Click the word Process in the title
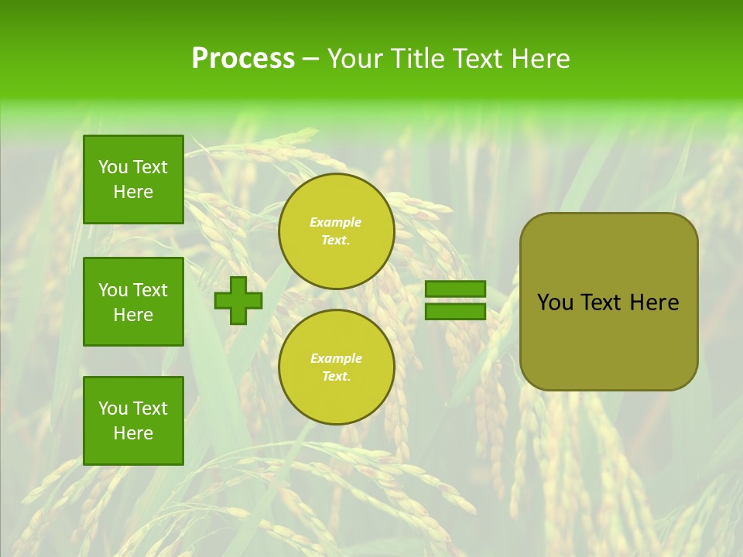243,59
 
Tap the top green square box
133,179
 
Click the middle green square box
133,302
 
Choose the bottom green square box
133,421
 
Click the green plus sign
238,301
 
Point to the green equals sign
455,300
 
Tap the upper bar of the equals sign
455,289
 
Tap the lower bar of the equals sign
455,311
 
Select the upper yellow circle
337,231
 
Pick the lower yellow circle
337,367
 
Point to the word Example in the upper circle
336,223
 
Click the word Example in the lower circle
336,359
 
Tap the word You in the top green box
112,168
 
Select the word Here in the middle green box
133,315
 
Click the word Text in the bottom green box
149,408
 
